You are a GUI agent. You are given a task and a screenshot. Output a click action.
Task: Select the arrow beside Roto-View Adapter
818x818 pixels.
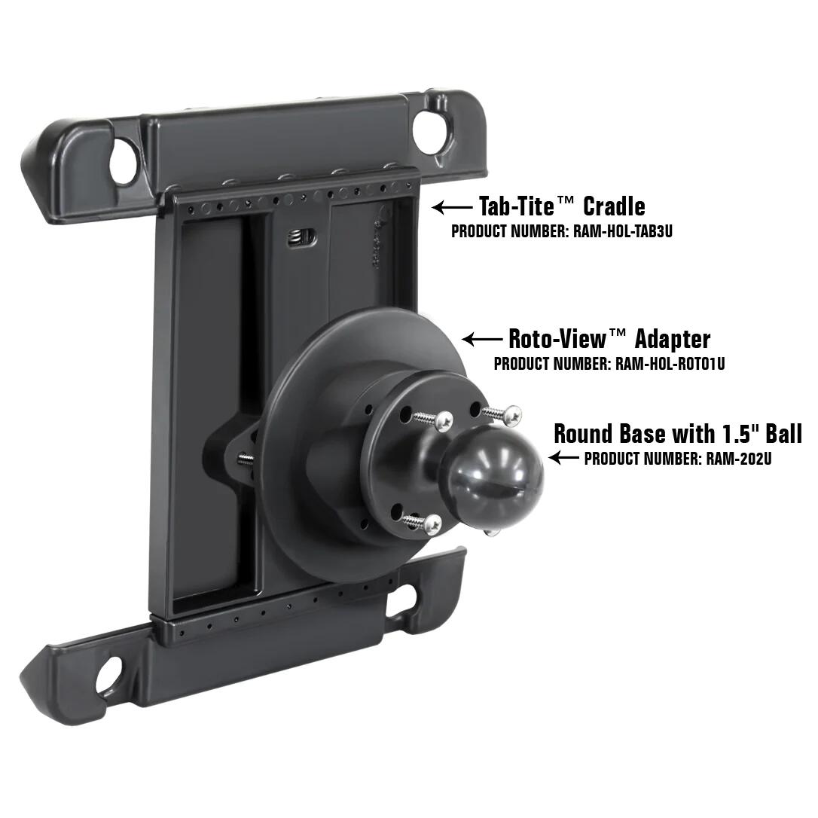pos(481,340)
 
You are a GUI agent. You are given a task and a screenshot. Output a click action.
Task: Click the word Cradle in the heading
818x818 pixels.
pos(614,206)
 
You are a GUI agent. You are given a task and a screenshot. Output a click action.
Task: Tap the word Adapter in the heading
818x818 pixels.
pos(672,338)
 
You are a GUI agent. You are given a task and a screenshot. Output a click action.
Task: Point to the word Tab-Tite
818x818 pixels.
pos(517,206)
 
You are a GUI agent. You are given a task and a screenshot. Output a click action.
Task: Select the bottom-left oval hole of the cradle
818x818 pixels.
pos(109,674)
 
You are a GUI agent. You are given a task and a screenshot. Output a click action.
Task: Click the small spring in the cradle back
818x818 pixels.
pos(303,239)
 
